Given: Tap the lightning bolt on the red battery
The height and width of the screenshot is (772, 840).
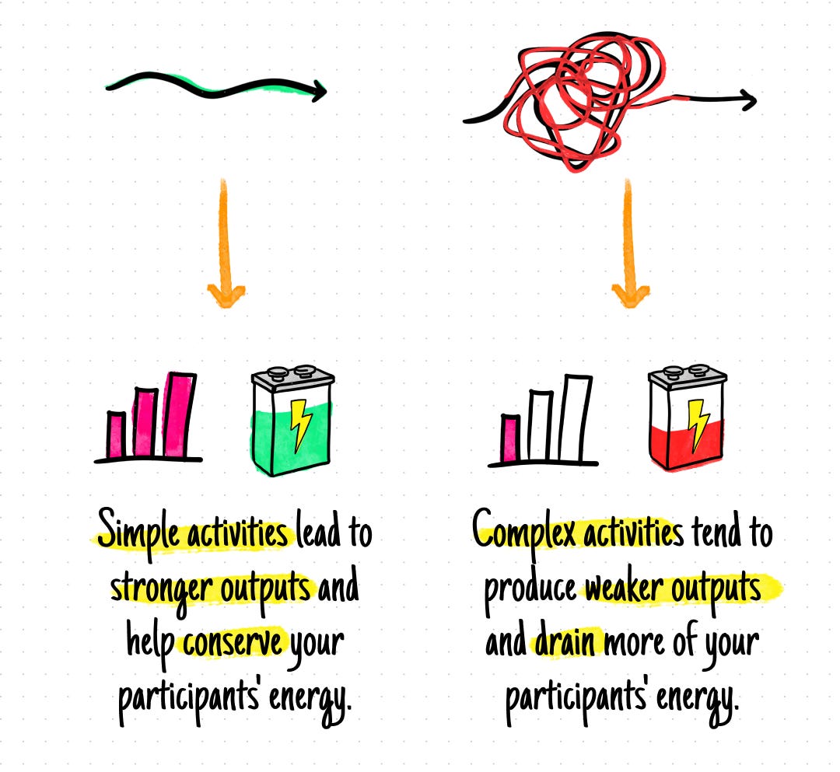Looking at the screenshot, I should pos(695,424).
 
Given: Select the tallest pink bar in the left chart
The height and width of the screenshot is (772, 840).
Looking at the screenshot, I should pos(180,416).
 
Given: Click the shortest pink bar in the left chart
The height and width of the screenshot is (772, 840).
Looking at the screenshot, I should pos(116,435).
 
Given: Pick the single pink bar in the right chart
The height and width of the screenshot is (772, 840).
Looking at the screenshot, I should pos(511,439).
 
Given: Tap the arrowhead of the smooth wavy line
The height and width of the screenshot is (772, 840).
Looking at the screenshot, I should pos(317,92).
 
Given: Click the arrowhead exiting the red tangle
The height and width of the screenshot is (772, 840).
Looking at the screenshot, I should pos(747,99).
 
